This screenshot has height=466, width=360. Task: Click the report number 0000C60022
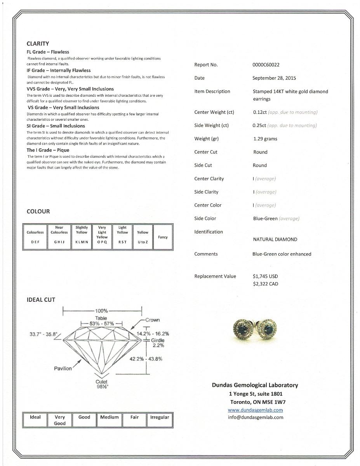(266, 65)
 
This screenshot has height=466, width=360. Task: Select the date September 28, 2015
(274, 78)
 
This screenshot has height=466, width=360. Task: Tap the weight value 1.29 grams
(265, 139)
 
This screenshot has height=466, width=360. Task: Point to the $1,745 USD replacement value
(265, 276)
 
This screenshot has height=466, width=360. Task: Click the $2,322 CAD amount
(265, 284)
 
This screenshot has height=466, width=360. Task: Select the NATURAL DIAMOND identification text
(275, 240)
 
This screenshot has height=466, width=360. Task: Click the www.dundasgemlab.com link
(255, 410)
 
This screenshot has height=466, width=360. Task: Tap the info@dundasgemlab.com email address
(256, 417)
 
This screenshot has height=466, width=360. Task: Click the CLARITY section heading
(38, 44)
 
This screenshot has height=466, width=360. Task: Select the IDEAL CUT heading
(41, 300)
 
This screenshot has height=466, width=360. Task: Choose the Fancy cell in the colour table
(163, 237)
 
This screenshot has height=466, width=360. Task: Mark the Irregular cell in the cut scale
(160, 417)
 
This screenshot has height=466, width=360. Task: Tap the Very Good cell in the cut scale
(60, 420)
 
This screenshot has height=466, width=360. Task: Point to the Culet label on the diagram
(101, 382)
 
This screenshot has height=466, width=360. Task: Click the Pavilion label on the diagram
(63, 369)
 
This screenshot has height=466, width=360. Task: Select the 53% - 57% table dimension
(101, 323)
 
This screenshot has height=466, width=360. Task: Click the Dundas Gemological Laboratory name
(255, 385)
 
